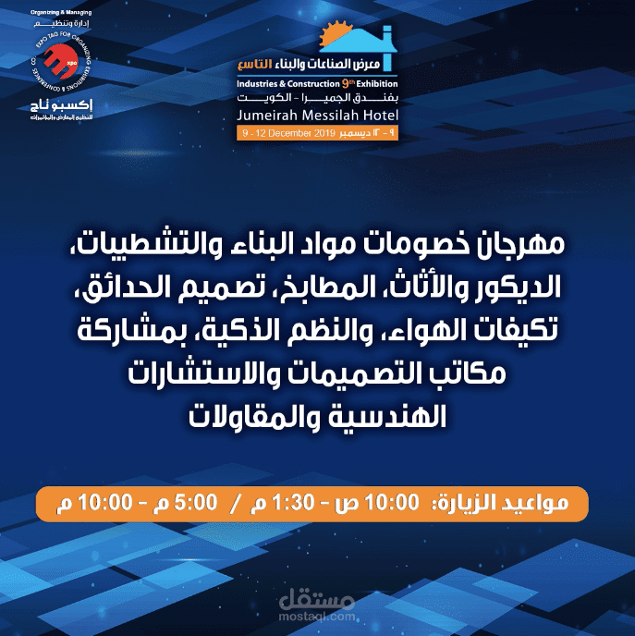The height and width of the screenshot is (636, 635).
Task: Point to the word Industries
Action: point(259,83)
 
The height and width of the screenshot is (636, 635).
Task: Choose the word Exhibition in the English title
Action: point(379,83)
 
